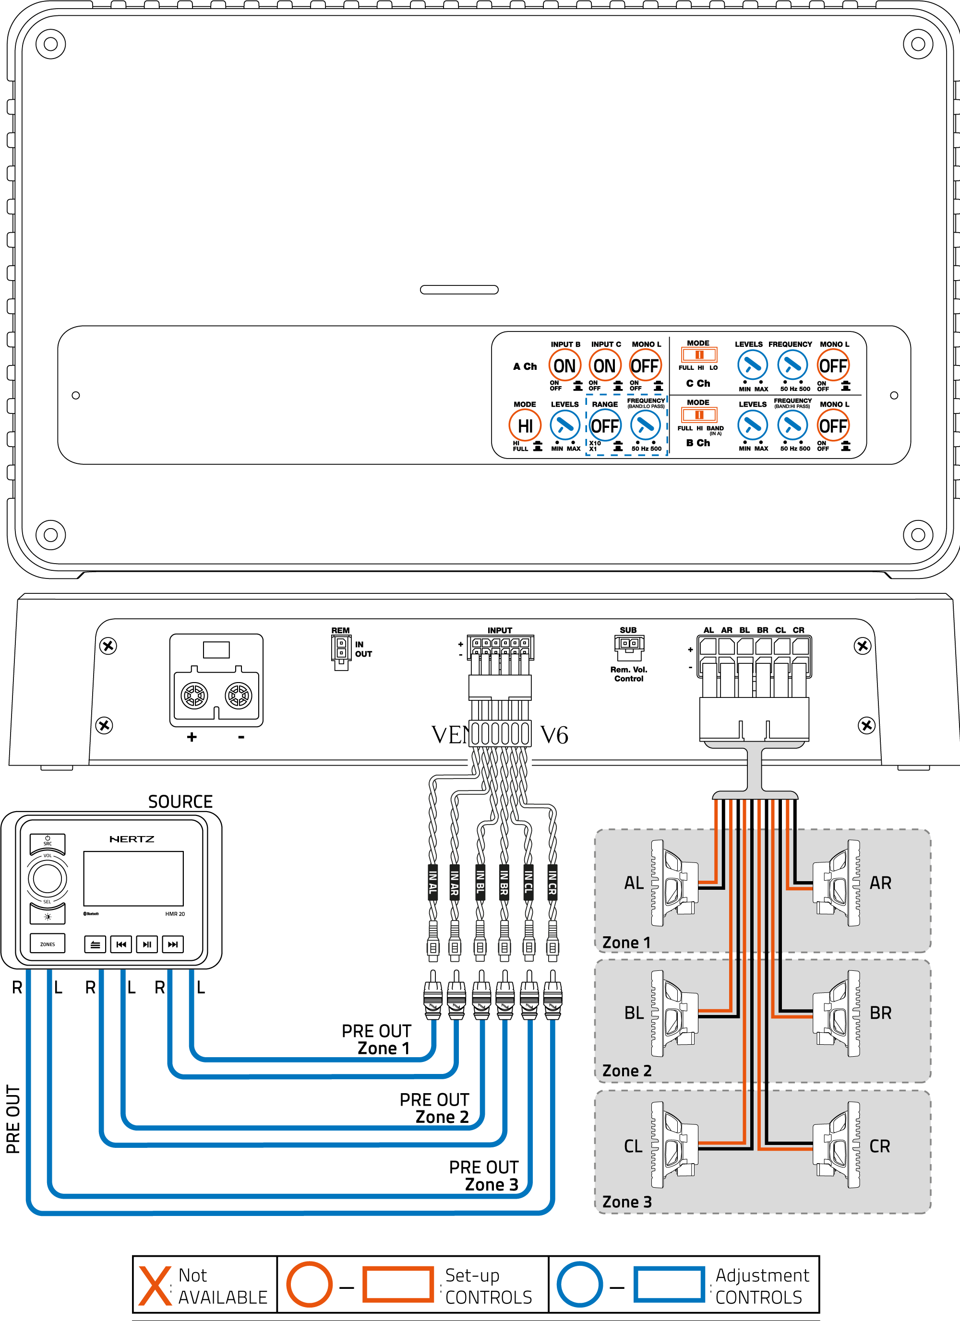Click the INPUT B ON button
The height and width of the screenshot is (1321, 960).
(x=564, y=366)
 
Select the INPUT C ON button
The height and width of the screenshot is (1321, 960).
(x=604, y=366)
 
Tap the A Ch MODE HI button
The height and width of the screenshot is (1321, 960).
(x=525, y=426)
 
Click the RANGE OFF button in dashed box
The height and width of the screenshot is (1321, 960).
(x=604, y=426)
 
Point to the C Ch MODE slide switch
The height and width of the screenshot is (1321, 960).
(x=698, y=355)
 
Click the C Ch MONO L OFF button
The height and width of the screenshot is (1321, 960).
(x=832, y=366)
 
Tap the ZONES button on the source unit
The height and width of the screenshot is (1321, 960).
(x=47, y=944)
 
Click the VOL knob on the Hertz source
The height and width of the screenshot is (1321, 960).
(x=47, y=878)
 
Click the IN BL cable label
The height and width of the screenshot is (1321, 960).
(x=480, y=883)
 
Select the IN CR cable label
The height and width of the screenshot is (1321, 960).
(x=552, y=883)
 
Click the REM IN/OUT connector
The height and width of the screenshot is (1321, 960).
(x=341, y=650)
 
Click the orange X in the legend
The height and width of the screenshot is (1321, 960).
(x=155, y=1286)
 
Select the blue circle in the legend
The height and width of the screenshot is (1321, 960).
(x=579, y=1285)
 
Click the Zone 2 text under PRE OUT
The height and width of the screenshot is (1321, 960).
(x=442, y=1117)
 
